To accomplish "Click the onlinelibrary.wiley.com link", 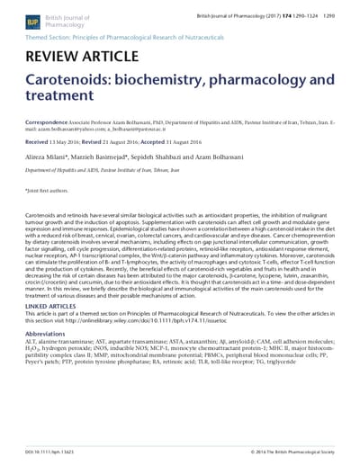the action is pos(171,320).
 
